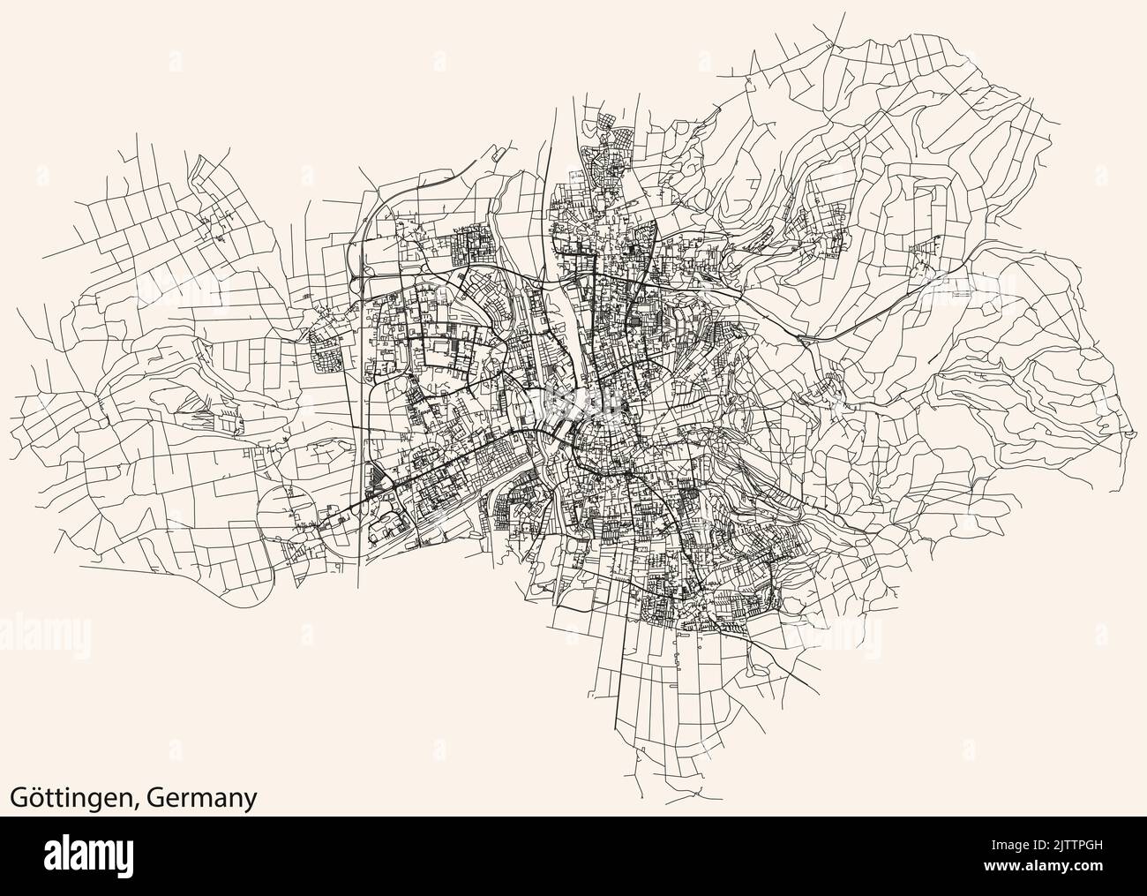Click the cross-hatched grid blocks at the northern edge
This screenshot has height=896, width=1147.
pos(609,132)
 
